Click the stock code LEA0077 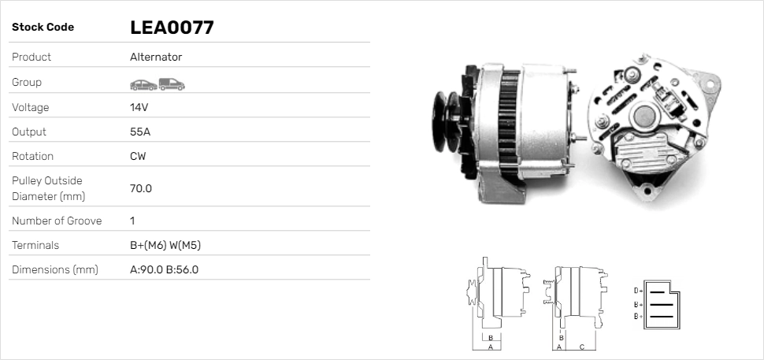(x=172, y=28)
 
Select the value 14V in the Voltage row (x=139, y=107)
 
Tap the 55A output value (x=140, y=132)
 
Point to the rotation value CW (x=138, y=156)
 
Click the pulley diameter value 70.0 (x=141, y=188)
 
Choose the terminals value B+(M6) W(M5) (x=165, y=245)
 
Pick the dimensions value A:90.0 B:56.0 (x=164, y=269)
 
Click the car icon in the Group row (x=143, y=84)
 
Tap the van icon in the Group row (x=171, y=84)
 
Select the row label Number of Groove (x=57, y=221)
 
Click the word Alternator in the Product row (x=156, y=57)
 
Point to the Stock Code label (x=43, y=28)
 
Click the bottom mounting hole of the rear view (x=649, y=189)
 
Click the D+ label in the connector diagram (x=638, y=291)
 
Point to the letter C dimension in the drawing (x=581, y=347)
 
